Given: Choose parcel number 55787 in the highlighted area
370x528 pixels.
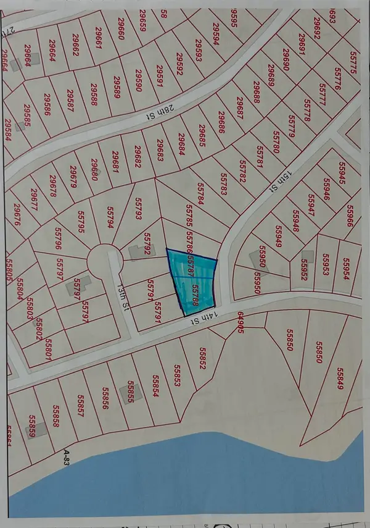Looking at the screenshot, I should point(192,267).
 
